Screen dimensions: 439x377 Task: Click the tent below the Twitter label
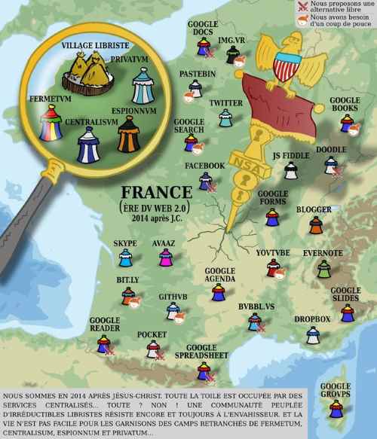pyautogui.click(x=225, y=118)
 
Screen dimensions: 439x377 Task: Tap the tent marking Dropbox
pyautogui.click(x=312, y=335)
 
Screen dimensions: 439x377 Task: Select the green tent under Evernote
pyautogui.click(x=323, y=269)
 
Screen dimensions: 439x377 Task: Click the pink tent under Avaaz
pyautogui.click(x=165, y=259)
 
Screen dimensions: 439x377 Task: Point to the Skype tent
pyautogui.click(x=125, y=258)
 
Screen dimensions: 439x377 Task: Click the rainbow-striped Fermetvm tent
pyautogui.click(x=50, y=123)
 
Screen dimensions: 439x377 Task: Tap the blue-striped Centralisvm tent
pyautogui.click(x=89, y=144)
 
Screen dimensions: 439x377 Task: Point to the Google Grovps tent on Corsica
pyautogui.click(x=336, y=408)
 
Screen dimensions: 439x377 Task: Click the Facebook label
pyautogui.click(x=204, y=165)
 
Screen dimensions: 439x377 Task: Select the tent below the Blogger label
pyautogui.click(x=316, y=224)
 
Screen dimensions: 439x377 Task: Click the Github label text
pyautogui.click(x=173, y=297)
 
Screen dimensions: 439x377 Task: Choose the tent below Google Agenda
pyautogui.click(x=219, y=292)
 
